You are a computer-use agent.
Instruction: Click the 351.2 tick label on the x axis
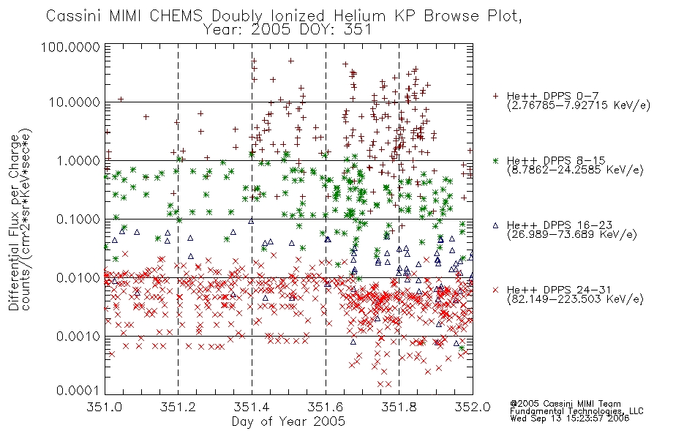coord(179,407)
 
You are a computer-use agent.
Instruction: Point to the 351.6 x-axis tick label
coord(326,407)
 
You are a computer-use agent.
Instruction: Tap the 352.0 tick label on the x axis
coord(473,407)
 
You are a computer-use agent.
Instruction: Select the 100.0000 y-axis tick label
coord(70,47)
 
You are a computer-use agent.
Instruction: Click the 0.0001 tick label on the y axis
coord(78,390)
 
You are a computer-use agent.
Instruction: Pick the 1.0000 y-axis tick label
coord(78,160)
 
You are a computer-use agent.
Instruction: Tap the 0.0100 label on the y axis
coord(78,278)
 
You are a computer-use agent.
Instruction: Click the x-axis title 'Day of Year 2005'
coord(288,421)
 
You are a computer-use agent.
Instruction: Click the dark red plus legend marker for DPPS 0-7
coord(495,96)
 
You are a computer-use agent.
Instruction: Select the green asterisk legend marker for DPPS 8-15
coord(495,160)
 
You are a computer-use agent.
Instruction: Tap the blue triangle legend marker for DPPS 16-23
coord(495,225)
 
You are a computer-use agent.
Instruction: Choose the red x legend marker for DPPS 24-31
coord(495,290)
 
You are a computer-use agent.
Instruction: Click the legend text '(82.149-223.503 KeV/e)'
coord(575,299)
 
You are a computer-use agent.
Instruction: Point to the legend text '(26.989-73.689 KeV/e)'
coord(572,235)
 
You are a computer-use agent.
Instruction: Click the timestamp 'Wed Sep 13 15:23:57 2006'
coord(570,418)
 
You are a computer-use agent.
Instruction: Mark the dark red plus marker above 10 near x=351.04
coord(121,100)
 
